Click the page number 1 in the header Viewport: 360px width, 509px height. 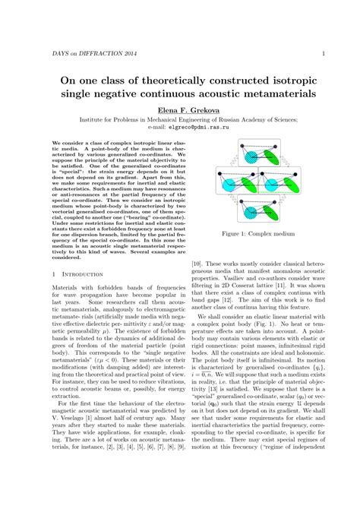tap(324, 53)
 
